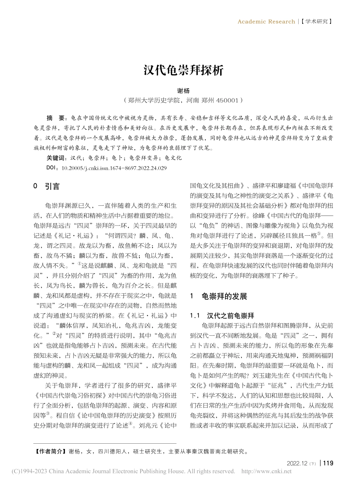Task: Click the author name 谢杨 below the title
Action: [x=183, y=91]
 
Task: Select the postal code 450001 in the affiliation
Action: [x=227, y=100]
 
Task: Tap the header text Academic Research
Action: [x=266, y=22]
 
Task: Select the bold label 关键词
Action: [x=56, y=158]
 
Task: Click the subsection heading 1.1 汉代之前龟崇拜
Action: [x=222, y=316]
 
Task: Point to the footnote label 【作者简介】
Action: [x=49, y=452]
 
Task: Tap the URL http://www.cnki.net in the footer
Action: [x=266, y=471]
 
